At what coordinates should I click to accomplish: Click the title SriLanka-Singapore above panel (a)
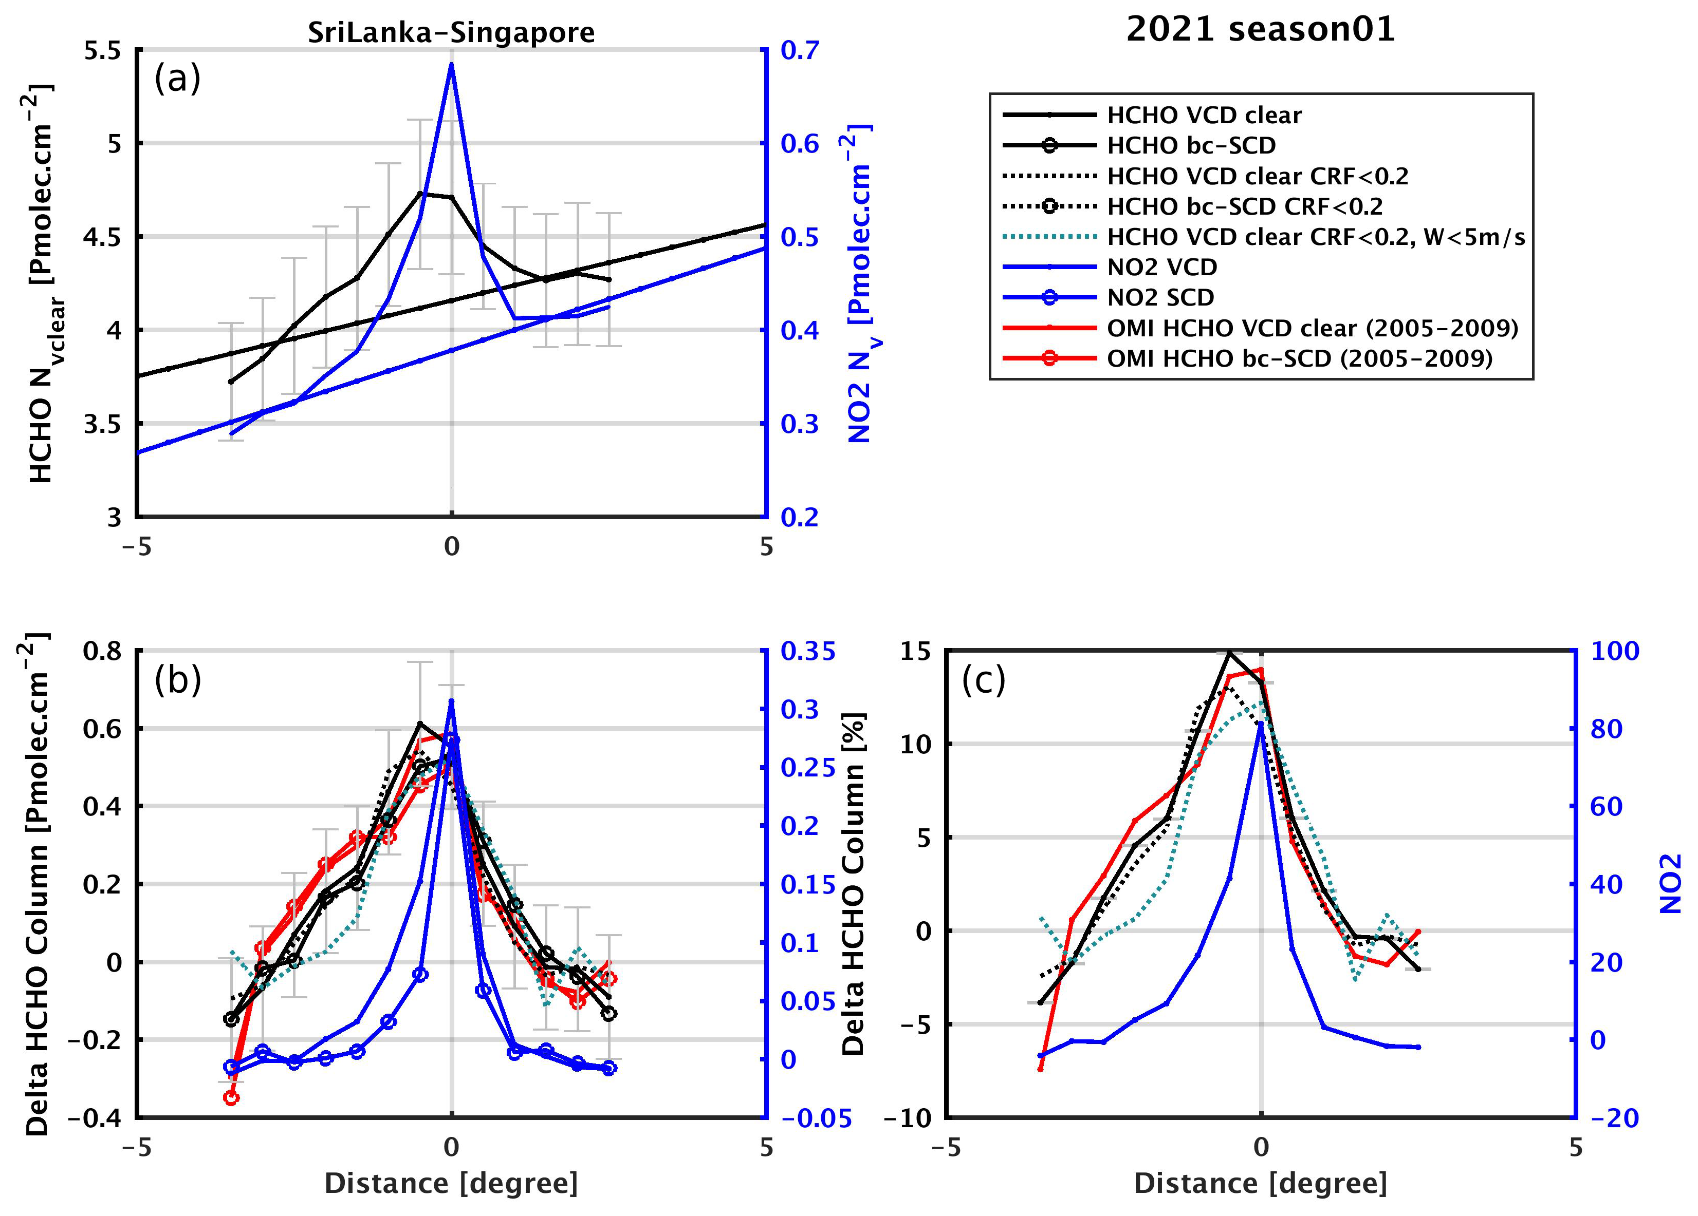[451, 33]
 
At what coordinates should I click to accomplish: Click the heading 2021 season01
[1260, 30]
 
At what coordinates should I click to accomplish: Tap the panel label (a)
[177, 78]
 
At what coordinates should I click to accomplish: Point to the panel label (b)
[177, 679]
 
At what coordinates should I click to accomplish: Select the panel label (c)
[983, 679]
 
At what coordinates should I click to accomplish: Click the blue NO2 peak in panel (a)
[451, 64]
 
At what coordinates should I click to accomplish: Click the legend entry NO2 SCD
[1160, 297]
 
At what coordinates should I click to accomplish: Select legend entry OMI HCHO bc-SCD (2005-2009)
[1299, 358]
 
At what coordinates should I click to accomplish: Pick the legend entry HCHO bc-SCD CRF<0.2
[1244, 206]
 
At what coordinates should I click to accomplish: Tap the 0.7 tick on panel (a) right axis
[800, 51]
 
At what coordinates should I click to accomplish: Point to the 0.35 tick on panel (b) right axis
[808, 651]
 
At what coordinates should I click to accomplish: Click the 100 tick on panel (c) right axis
[1615, 651]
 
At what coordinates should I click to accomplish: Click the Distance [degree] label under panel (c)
[1260, 1183]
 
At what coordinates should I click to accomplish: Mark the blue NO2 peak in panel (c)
[1261, 724]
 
